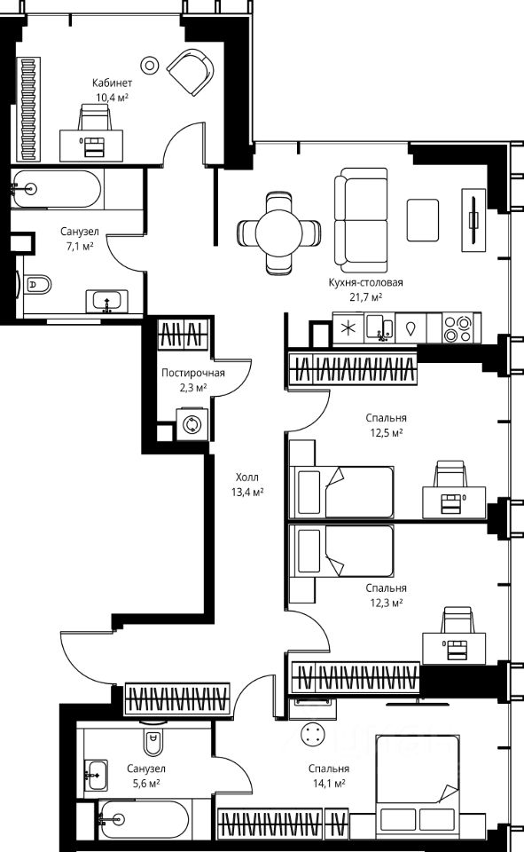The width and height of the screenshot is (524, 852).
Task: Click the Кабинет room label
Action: point(112,83)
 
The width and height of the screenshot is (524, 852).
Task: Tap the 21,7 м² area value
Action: point(365,296)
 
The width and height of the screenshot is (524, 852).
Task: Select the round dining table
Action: point(278,233)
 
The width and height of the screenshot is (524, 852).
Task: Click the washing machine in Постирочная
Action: point(192,424)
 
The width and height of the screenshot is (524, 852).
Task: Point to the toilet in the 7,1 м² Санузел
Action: point(35,284)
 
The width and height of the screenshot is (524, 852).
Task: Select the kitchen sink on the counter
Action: point(379,327)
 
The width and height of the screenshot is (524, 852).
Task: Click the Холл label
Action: point(247,477)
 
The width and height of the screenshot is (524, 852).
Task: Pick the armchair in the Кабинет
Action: point(191,72)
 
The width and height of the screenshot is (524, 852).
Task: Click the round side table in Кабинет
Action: point(149,65)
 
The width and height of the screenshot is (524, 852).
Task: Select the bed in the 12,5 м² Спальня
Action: point(341,492)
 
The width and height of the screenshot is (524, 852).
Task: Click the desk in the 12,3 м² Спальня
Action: point(454,648)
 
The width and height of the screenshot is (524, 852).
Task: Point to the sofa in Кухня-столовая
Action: point(361,221)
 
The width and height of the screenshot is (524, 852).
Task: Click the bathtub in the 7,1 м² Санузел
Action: point(56,189)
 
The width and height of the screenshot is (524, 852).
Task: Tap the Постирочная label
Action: point(192,374)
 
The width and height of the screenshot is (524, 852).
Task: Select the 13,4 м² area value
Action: point(247,493)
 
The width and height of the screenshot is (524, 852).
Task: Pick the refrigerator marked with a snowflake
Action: point(348,327)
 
